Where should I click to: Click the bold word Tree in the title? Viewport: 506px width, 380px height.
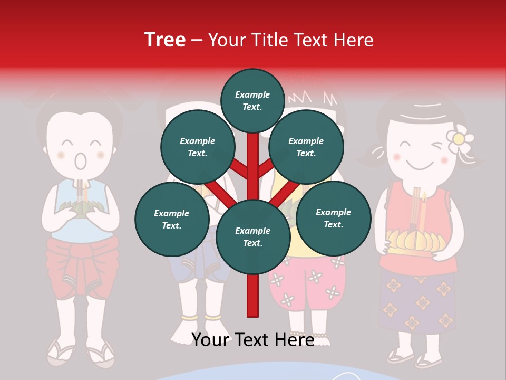click(165, 40)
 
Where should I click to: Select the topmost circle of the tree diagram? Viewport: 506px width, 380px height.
click(252, 100)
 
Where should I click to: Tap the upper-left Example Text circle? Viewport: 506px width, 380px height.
click(198, 147)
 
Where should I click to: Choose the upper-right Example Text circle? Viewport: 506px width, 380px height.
click(306, 147)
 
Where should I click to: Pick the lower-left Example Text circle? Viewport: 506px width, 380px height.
click(172, 219)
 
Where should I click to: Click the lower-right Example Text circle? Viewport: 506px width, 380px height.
click(334, 217)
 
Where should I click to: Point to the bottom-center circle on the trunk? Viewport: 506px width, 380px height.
click(253, 236)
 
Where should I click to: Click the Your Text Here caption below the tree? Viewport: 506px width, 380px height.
click(253, 340)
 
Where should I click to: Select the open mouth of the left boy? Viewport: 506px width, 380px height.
click(80, 160)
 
